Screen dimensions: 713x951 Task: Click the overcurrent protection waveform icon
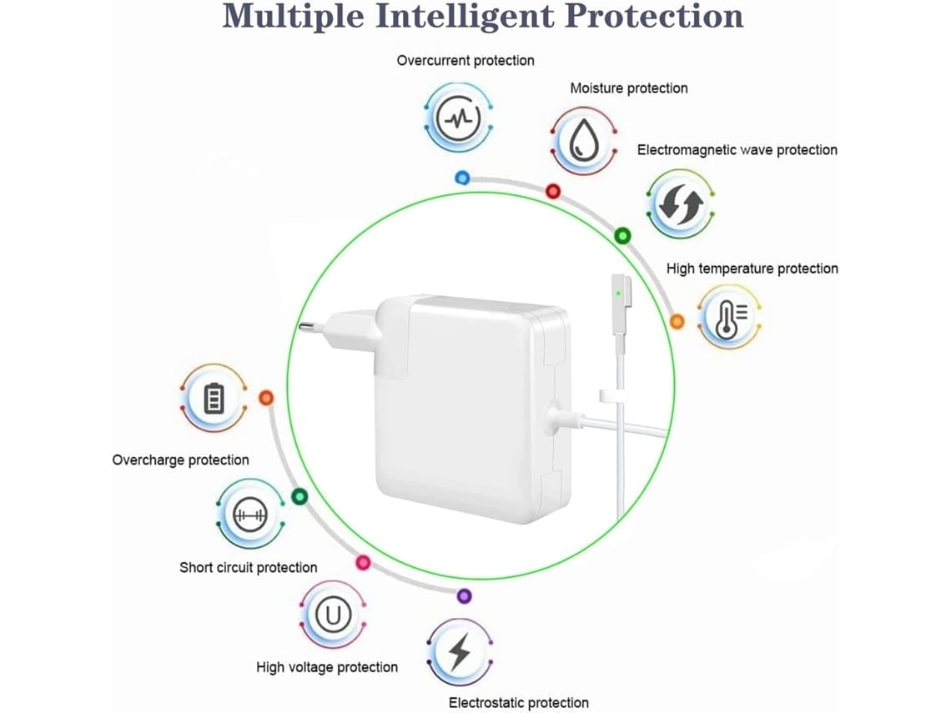point(458,118)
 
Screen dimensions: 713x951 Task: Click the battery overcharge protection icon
point(214,399)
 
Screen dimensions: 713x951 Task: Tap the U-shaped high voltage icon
point(333,616)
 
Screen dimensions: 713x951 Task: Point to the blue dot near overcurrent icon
point(462,178)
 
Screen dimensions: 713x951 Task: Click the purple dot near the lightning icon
point(465,595)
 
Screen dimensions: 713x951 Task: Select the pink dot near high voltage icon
point(363,562)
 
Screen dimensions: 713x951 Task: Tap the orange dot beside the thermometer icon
point(677,321)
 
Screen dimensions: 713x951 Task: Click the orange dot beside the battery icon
point(266,399)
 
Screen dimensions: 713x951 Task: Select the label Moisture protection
point(628,88)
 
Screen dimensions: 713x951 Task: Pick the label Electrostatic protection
point(518,703)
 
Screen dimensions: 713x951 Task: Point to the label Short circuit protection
point(249,568)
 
